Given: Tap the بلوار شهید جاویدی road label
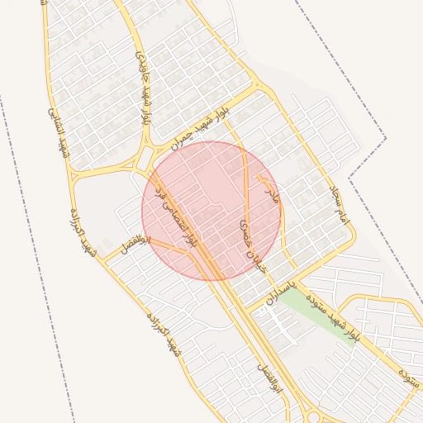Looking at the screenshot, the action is coord(145,87).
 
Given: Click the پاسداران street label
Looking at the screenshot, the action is coord(281,290).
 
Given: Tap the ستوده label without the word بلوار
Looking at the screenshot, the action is coord(411,376).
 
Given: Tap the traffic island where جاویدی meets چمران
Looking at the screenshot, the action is coord(145,157).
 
